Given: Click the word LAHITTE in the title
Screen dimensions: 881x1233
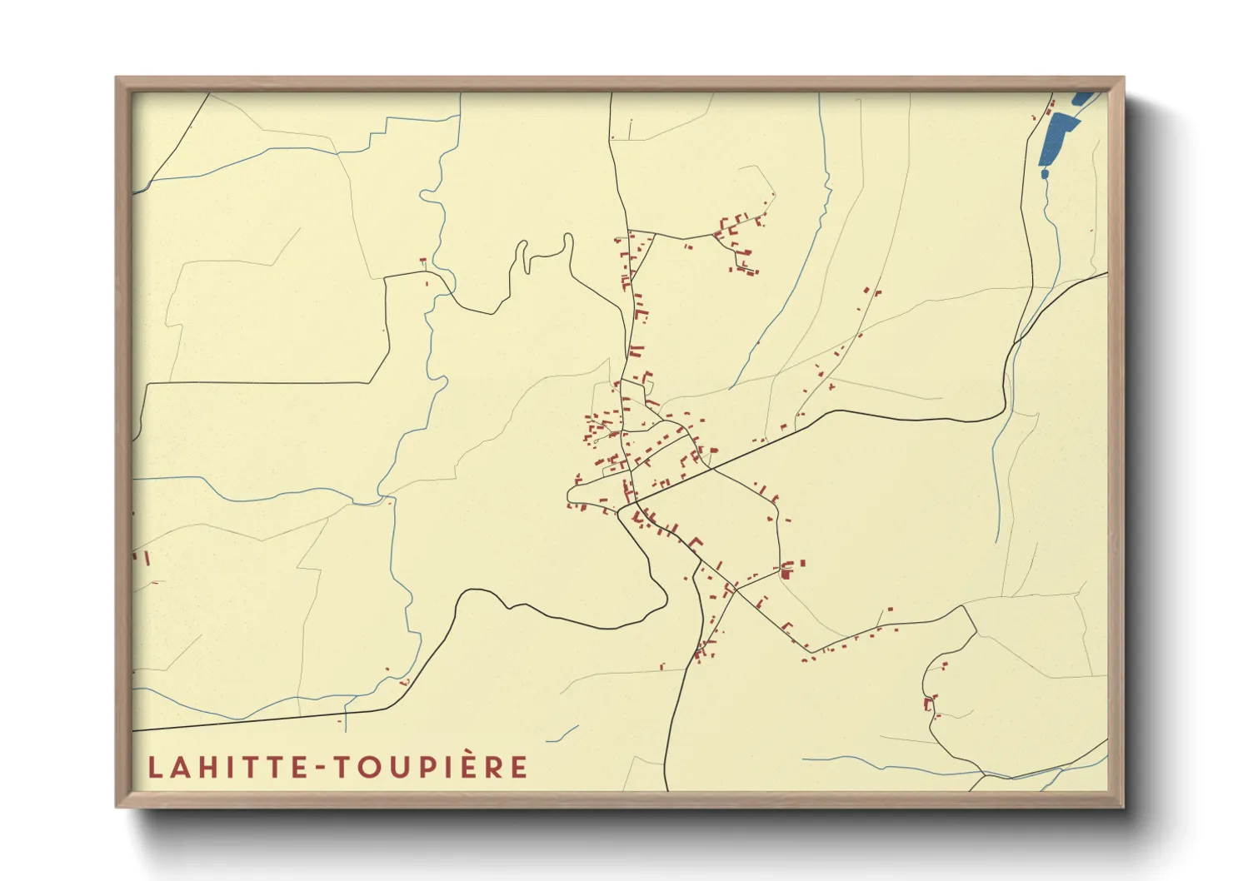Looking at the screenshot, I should pyautogui.click(x=223, y=767).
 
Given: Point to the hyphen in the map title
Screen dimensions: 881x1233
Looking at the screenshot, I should pyautogui.click(x=316, y=768).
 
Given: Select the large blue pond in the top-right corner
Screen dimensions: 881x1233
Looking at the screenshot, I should pyautogui.click(x=1057, y=137).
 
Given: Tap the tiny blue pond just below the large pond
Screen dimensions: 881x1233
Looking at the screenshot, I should pyautogui.click(x=1044, y=173).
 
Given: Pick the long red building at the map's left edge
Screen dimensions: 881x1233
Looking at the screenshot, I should pyautogui.click(x=146, y=557).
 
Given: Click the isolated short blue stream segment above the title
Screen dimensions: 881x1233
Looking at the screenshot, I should pyautogui.click(x=563, y=734).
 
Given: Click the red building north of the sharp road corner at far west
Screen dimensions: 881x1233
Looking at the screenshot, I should pyautogui.click(x=423, y=262).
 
